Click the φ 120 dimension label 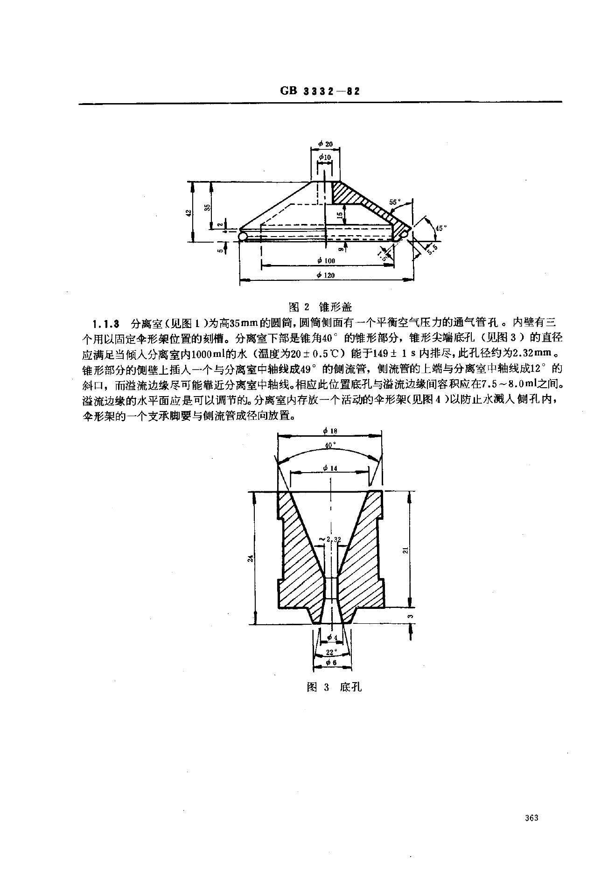pyautogui.click(x=325, y=275)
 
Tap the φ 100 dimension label pyautogui.click(x=325, y=260)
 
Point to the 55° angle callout pyautogui.click(x=395, y=202)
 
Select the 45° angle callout pyautogui.click(x=440, y=228)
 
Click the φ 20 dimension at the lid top pyautogui.click(x=326, y=144)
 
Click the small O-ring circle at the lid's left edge pyautogui.click(x=243, y=237)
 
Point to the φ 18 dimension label pyautogui.click(x=330, y=431)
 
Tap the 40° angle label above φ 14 pyautogui.click(x=330, y=446)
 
